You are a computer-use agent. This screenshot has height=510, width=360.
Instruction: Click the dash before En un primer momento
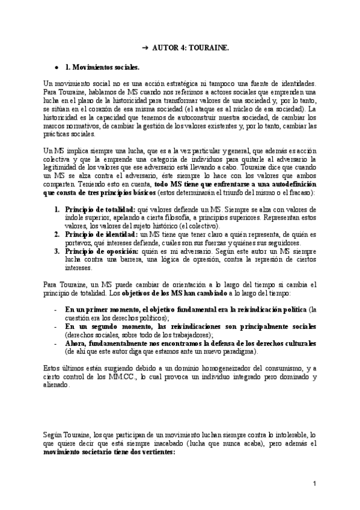point(56,309)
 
